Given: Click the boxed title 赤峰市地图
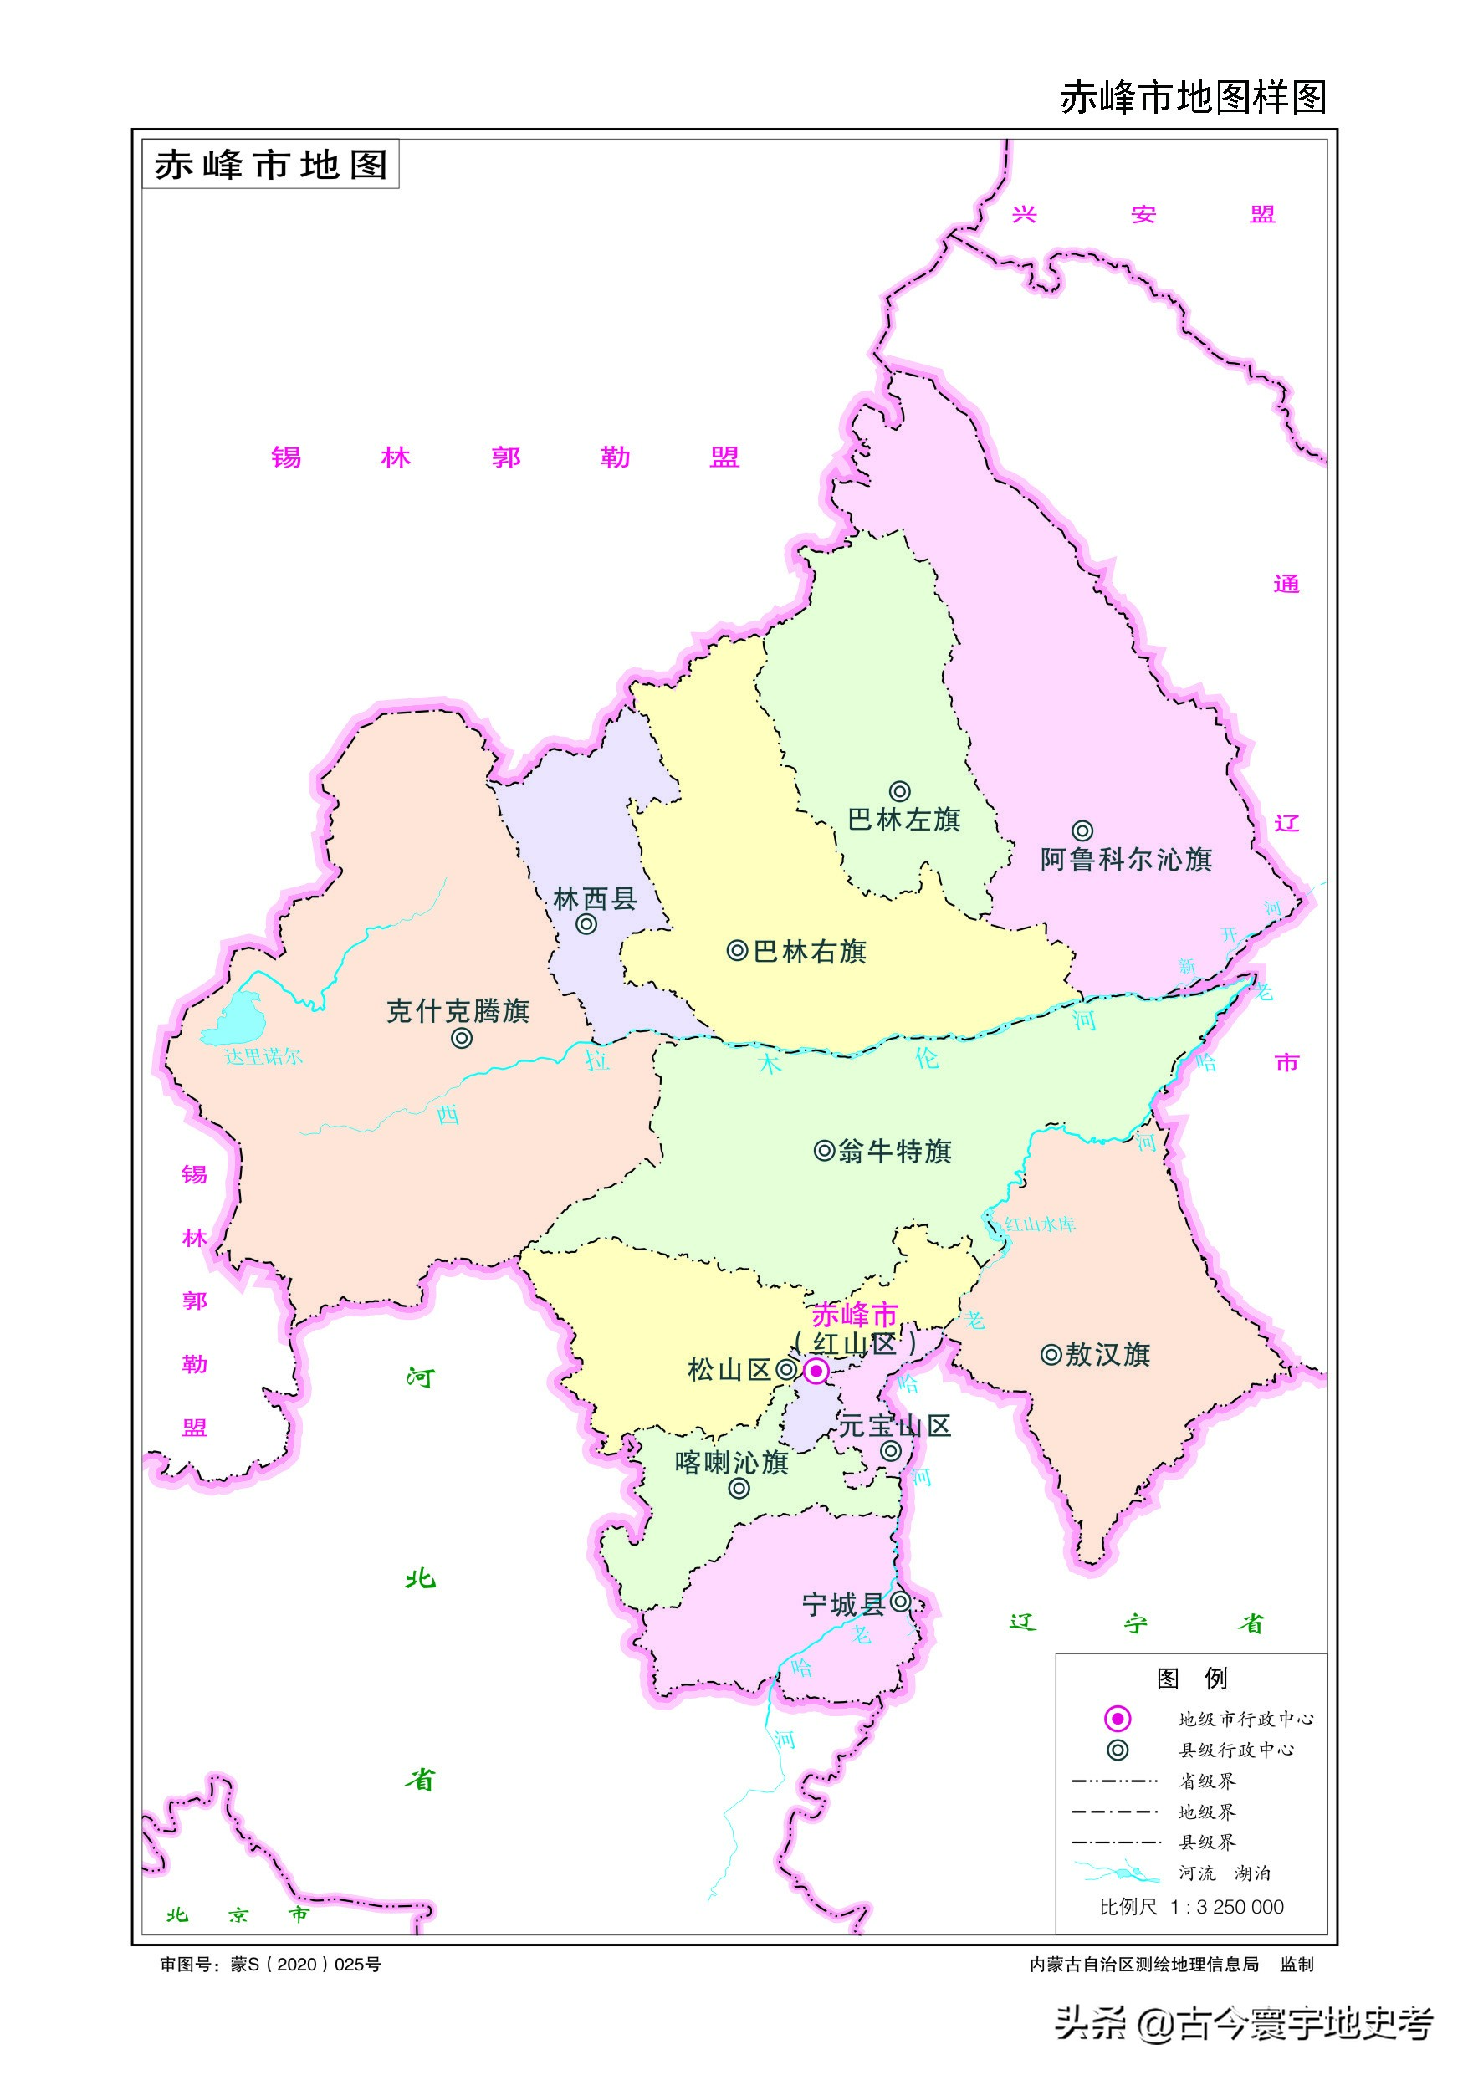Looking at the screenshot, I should click(270, 165).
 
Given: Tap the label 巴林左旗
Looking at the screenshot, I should click(903, 820).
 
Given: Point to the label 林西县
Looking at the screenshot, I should click(595, 898).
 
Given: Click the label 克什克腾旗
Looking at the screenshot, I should click(458, 1010).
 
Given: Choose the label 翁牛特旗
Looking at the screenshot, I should click(895, 1152).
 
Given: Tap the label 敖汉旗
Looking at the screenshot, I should click(1107, 1355).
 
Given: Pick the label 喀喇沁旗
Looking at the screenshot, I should click(731, 1462).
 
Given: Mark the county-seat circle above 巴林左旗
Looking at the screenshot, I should click(898, 792).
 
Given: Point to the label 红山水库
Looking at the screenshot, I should click(1040, 1224).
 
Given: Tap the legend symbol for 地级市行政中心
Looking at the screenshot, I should click(1118, 1718).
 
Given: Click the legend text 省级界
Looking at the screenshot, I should click(1207, 1781).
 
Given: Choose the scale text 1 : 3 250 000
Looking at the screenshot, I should click(1226, 1907).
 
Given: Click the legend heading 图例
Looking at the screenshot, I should click(1191, 1679).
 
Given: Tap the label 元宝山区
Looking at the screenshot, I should click(895, 1426).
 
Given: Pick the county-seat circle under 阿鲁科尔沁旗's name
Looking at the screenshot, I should click(1082, 831).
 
